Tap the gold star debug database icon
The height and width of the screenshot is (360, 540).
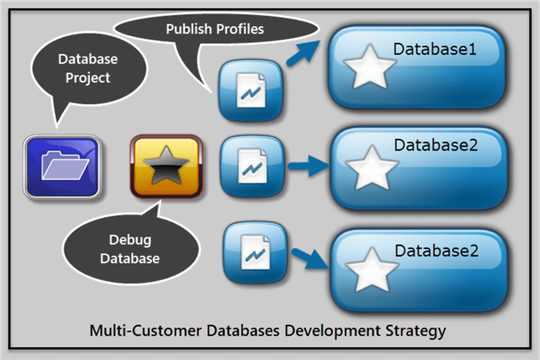coord(167,166)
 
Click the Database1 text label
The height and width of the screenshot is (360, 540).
coord(435,50)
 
